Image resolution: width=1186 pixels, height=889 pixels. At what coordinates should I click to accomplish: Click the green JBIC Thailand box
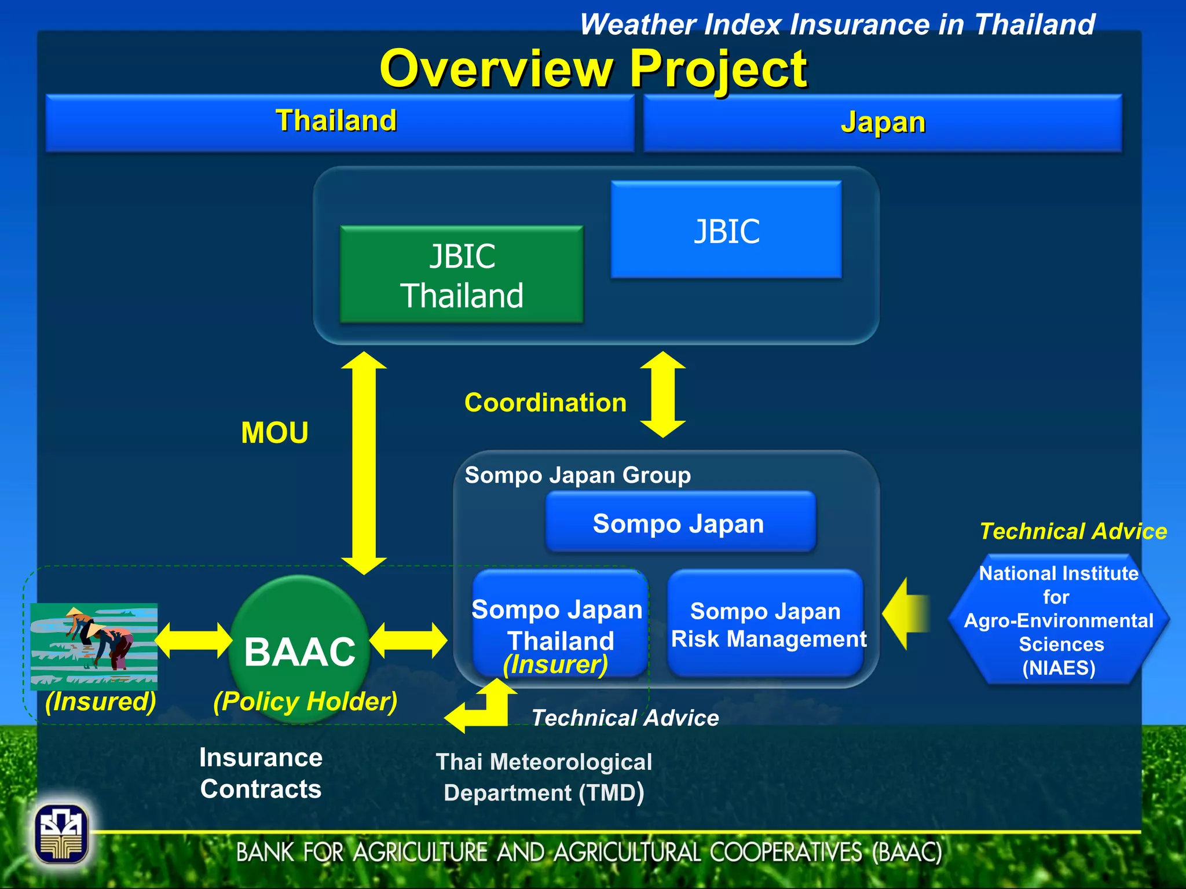(462, 274)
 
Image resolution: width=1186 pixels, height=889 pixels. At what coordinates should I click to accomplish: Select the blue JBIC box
(726, 230)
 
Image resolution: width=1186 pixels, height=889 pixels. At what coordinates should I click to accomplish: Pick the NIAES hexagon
(1058, 620)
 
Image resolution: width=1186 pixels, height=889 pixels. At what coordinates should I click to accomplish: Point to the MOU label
(274, 433)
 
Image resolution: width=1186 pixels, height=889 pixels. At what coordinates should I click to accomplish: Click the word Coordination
(545, 403)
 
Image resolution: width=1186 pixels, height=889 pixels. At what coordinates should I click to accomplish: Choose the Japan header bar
(882, 123)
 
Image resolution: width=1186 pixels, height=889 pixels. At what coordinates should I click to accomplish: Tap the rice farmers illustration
(94, 646)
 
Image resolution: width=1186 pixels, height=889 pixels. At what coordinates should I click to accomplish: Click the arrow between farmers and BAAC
(193, 641)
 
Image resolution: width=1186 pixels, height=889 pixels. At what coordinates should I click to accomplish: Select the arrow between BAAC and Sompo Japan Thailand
(409, 641)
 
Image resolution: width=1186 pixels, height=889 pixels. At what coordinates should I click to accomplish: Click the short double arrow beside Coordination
(663, 395)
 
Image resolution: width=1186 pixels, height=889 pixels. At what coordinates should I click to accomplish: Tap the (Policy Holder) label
(305, 701)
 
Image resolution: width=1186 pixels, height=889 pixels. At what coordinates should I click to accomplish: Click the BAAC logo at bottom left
(61, 833)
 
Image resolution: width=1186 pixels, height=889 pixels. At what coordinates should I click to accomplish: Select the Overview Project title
(592, 69)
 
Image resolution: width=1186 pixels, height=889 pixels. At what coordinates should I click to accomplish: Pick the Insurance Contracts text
(261, 773)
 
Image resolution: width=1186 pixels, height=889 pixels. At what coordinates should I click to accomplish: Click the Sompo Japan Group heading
(577, 475)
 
